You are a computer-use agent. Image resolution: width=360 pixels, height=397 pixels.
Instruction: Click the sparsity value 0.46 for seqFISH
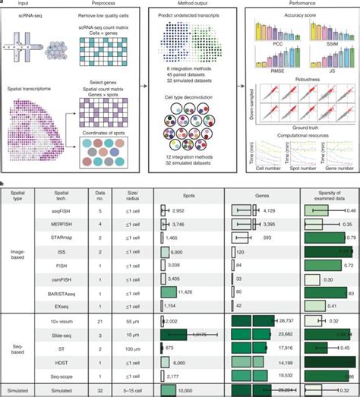(351, 210)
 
